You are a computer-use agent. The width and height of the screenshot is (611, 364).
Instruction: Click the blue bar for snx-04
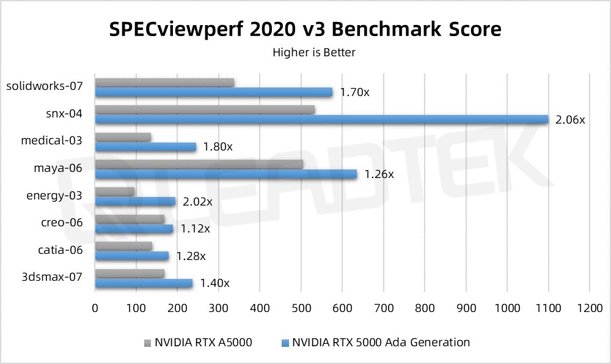coord(322,119)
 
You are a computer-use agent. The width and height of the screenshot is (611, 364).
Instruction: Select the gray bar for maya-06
coord(199,164)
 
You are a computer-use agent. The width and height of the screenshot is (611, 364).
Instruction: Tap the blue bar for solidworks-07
coord(214,92)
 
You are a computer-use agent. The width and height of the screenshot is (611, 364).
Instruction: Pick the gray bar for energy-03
coord(115,191)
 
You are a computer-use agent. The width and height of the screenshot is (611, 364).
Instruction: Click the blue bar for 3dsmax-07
coord(144,283)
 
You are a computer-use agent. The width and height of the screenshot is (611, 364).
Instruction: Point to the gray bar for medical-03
coord(123,137)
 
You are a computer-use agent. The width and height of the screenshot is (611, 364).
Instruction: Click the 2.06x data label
coord(570,120)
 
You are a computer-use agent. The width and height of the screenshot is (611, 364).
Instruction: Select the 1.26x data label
coord(379,174)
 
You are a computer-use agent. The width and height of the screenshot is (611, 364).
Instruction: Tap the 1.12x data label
coord(195,229)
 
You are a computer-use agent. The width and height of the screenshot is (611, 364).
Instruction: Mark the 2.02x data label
coord(197,201)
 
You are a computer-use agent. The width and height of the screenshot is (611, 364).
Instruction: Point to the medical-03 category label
coord(52,141)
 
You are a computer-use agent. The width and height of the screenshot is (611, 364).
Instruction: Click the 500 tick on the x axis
coord(301,309)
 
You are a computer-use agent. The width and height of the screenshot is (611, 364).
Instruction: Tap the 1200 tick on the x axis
coord(589,309)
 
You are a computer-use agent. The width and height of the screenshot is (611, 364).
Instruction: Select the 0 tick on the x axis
coord(95,309)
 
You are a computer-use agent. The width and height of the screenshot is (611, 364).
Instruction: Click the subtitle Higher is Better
coord(314,52)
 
